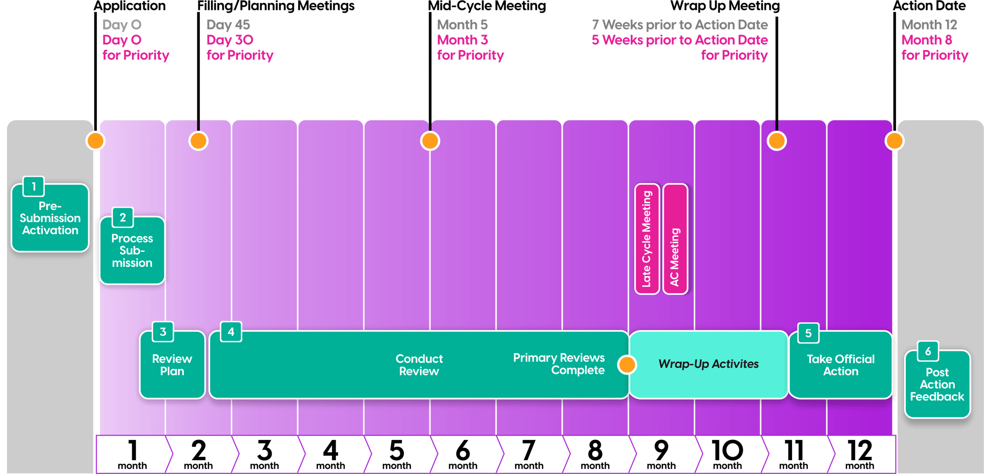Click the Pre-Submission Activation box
click(x=50, y=218)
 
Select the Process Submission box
click(x=132, y=251)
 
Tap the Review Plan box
click(x=172, y=365)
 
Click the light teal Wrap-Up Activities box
click(x=708, y=364)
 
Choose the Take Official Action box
click(x=840, y=365)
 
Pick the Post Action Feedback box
click(x=937, y=384)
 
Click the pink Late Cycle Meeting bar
click(x=646, y=239)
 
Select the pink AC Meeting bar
click(x=675, y=239)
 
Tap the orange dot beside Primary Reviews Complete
click(x=627, y=365)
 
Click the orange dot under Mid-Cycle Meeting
click(x=430, y=141)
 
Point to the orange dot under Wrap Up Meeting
click(x=777, y=141)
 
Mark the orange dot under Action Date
click(x=894, y=141)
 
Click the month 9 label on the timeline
click(x=661, y=454)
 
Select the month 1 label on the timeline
click(x=132, y=454)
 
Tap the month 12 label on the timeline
click(x=860, y=454)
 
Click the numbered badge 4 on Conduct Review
click(x=231, y=332)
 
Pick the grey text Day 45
click(x=228, y=25)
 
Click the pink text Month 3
click(x=462, y=40)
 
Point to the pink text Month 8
click(x=926, y=40)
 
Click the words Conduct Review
click(x=419, y=365)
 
